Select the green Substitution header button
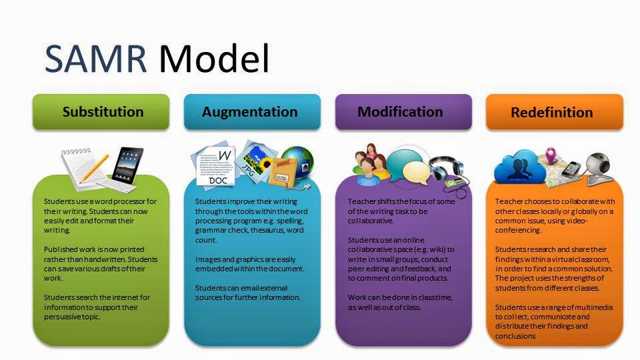pyautogui.click(x=103, y=111)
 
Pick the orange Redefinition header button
pyautogui.click(x=551, y=113)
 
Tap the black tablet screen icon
pyautogui.click(x=127, y=162)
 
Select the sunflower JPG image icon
pyautogui.click(x=252, y=160)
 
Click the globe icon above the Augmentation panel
pyautogui.click(x=296, y=163)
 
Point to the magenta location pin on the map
pyautogui.click(x=551, y=155)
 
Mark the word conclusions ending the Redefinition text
pyautogui.click(x=517, y=336)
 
